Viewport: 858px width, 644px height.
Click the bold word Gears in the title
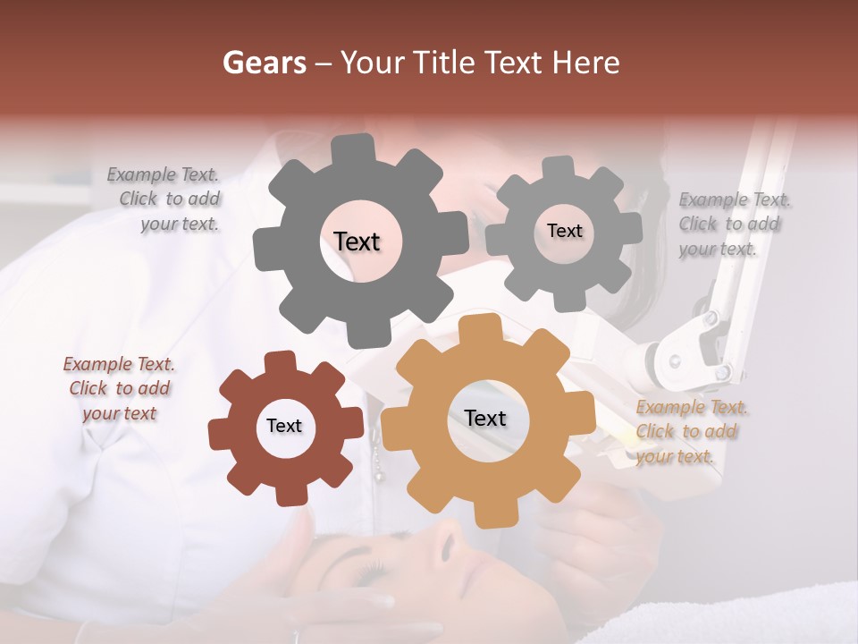263,63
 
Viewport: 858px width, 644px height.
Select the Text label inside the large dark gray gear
357,241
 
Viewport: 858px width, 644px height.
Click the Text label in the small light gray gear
564,231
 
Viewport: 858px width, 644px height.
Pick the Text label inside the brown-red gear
284,426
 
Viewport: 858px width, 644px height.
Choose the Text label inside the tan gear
485,418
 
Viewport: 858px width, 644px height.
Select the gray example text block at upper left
165,199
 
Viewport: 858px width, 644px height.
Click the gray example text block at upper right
733,224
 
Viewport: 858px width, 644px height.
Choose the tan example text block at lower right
690,431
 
